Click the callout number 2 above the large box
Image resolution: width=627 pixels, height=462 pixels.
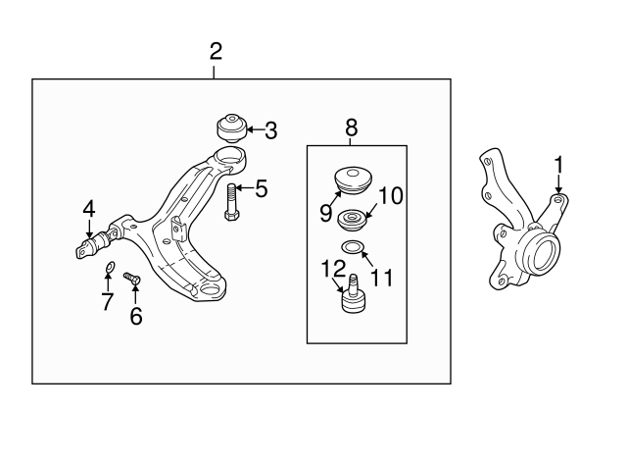tap(216, 52)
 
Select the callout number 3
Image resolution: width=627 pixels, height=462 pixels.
tap(271, 130)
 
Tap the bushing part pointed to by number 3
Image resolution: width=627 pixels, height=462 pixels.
tap(232, 128)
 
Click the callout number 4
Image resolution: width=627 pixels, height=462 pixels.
tap(89, 209)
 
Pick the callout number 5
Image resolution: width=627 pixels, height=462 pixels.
tap(262, 188)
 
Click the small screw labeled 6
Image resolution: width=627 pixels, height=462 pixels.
tap(132, 279)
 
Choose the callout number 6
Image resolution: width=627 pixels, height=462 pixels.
tap(136, 316)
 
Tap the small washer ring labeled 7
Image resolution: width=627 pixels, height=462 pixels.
tap(109, 266)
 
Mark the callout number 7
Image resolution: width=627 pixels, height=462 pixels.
tap(107, 301)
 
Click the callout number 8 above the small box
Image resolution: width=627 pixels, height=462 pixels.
tap(351, 128)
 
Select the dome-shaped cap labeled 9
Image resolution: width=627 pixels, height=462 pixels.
tap(353, 180)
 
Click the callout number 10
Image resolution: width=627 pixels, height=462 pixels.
tap(391, 196)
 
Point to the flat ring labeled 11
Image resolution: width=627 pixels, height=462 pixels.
tap(353, 247)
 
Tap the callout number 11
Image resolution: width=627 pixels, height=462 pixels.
tap(382, 278)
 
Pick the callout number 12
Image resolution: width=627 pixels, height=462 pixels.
tap(333, 269)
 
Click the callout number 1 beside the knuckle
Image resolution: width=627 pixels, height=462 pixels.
tap(558, 165)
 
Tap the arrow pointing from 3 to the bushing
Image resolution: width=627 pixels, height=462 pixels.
tap(255, 129)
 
